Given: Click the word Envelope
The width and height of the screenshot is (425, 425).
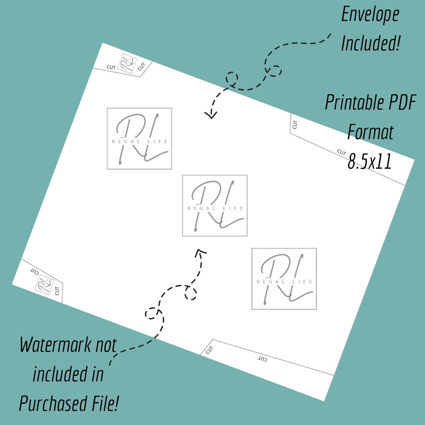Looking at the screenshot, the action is pos(370,15).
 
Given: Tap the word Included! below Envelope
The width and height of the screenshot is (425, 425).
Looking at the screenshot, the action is pos(371,43).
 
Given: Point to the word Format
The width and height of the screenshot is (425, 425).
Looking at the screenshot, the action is pos(370,132).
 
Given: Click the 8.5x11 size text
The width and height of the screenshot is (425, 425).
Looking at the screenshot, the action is pos(370,161).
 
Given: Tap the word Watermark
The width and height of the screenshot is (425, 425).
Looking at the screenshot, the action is pos(55,345).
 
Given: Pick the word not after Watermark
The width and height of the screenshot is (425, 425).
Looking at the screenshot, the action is pos(106,345).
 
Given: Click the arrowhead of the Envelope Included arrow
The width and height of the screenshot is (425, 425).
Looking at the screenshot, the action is pos(211,115).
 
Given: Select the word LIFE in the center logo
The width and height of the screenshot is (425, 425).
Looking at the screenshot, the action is pos(233,208).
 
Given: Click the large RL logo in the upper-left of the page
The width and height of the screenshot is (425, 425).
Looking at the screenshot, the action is pos(139,139).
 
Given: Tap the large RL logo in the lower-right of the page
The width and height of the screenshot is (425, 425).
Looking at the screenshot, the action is pos(284,278).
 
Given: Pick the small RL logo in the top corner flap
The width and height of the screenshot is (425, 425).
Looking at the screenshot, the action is pos(127,64).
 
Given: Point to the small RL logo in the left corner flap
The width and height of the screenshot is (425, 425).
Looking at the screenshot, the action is pos(44,284).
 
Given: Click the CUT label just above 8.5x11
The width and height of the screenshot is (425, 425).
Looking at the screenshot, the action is pos(341,152).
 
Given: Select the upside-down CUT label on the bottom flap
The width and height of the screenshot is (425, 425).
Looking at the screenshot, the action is pos(262,359).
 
